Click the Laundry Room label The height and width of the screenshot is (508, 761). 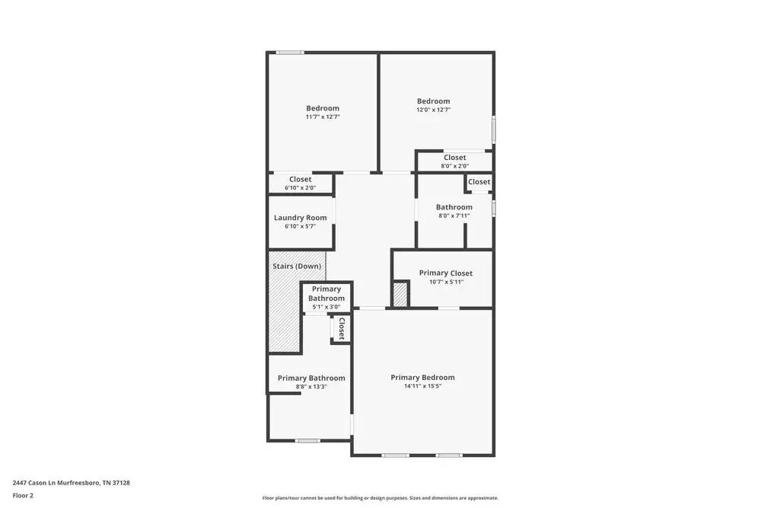click(x=300, y=218)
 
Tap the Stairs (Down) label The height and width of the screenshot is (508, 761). click(x=297, y=267)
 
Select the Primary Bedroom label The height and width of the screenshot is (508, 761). click(x=422, y=378)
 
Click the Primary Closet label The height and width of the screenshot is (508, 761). click(x=445, y=273)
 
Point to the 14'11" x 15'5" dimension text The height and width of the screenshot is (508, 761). click(x=422, y=386)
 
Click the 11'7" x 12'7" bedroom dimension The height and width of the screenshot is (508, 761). click(x=323, y=117)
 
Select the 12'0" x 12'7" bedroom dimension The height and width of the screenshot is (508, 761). click(x=433, y=110)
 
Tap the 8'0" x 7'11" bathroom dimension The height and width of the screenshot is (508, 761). click(x=454, y=216)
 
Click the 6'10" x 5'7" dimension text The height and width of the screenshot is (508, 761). click(x=300, y=226)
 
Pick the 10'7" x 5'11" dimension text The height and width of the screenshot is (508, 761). click(x=445, y=282)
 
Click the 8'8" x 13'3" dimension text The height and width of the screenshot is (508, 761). click(x=311, y=387)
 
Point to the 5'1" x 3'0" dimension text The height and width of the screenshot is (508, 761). click(x=326, y=307)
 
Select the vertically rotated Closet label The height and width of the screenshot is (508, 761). click(x=341, y=328)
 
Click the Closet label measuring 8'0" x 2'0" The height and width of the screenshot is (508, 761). click(x=455, y=158)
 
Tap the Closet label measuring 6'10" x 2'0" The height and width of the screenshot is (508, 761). click(x=300, y=180)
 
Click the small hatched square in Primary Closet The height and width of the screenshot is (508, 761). click(x=400, y=295)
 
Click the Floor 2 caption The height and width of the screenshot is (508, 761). click(x=23, y=495)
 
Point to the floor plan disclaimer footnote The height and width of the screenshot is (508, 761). click(x=380, y=498)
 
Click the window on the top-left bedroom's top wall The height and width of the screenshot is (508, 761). click(x=290, y=53)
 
